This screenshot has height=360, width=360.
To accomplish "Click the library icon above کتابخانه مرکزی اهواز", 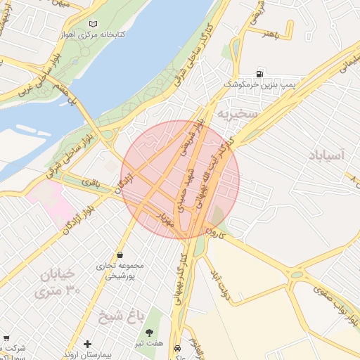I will (92, 24).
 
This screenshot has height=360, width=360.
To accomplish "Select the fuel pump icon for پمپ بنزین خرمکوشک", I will (261, 74).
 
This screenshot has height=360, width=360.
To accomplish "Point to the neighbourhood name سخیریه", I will (238, 114).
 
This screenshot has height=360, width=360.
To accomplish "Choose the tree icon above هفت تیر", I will (149, 332).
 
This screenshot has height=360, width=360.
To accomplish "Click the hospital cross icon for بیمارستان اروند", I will (87, 344).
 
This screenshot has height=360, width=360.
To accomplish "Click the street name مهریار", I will (165, 219).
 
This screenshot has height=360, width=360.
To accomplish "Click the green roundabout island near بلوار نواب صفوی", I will (297, 274).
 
